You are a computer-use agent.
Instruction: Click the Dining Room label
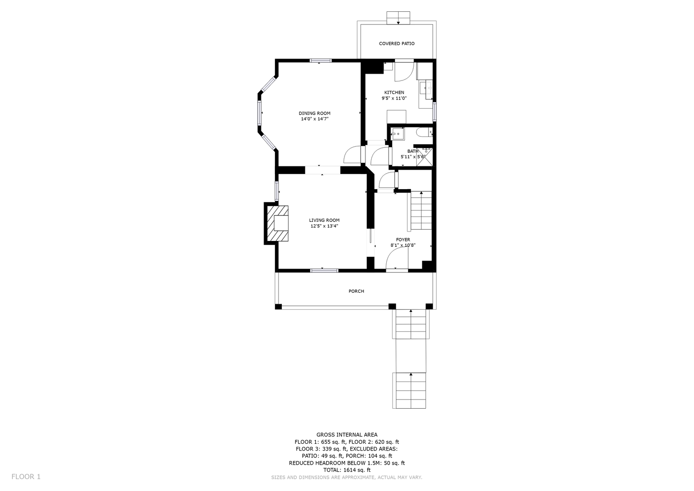315,113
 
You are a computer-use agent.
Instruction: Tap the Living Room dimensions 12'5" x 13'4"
324,226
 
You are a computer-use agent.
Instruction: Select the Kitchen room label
394,92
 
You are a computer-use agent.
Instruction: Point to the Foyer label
403,240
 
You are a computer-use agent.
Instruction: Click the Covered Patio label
397,44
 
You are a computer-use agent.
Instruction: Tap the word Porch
356,291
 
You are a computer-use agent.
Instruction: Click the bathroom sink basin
398,134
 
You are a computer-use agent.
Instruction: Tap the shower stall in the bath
424,157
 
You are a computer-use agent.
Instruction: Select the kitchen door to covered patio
404,72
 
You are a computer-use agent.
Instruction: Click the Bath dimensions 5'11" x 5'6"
413,157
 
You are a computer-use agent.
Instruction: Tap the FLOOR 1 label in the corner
26,476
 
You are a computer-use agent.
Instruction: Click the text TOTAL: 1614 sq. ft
347,470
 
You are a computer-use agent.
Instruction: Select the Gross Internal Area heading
347,435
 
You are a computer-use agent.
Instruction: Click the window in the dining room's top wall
321,61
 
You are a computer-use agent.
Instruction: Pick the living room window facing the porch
324,271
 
